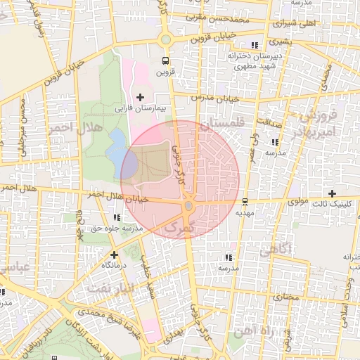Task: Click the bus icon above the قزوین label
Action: pos(165,60)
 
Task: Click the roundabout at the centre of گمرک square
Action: pos(188,206)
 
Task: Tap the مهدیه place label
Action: pos(244,212)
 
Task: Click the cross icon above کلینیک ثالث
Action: pos(333,193)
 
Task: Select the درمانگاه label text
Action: pos(114,265)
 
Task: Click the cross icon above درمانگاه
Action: pos(114,254)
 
